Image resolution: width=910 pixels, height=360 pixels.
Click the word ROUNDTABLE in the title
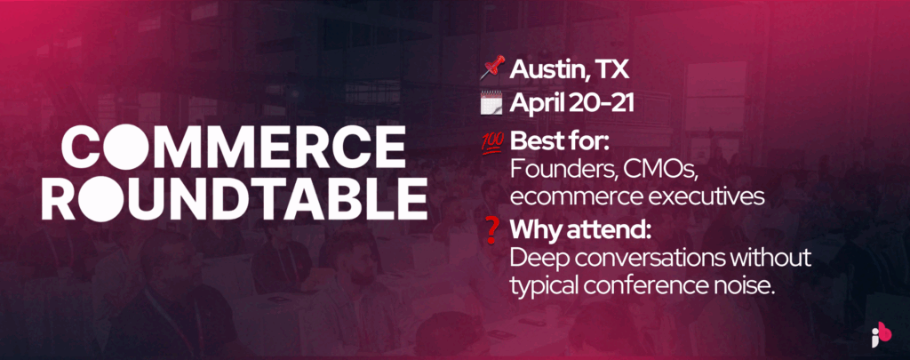pos(235,198)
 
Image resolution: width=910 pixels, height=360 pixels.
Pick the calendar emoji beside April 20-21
pos(491,103)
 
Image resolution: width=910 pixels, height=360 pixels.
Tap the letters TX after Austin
pos(613,70)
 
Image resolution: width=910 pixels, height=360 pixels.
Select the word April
pos(538,105)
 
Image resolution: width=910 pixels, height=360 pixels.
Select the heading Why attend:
pos(580,230)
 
